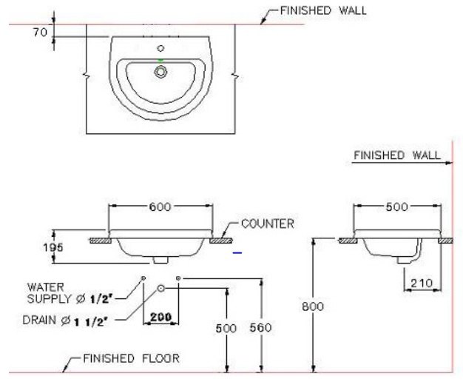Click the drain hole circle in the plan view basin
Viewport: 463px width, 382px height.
point(160,72)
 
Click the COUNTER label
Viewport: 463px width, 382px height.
point(267,223)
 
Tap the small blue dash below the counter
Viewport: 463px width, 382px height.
point(237,253)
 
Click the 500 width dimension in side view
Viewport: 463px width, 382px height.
point(396,207)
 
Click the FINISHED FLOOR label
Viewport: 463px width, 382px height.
point(130,358)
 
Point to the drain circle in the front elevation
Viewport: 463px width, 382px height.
point(161,286)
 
